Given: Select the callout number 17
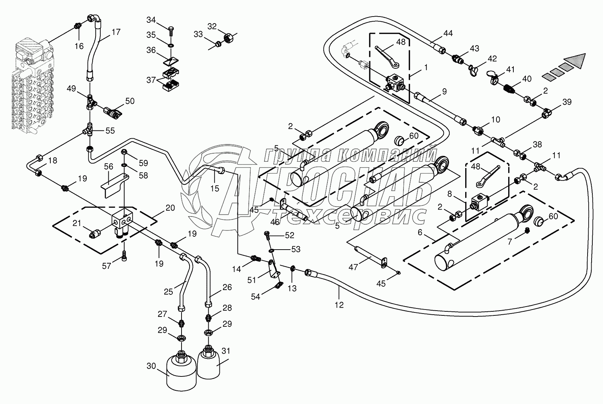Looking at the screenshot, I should [116, 32].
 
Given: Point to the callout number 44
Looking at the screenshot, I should [448, 33].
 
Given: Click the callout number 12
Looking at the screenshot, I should [339, 305].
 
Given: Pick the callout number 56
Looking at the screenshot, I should [109, 166].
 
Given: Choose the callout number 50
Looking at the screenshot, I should [130, 101].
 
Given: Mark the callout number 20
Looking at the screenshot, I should [170, 207].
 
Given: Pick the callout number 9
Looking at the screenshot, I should [444, 91].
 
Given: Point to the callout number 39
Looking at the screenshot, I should [567, 102].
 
